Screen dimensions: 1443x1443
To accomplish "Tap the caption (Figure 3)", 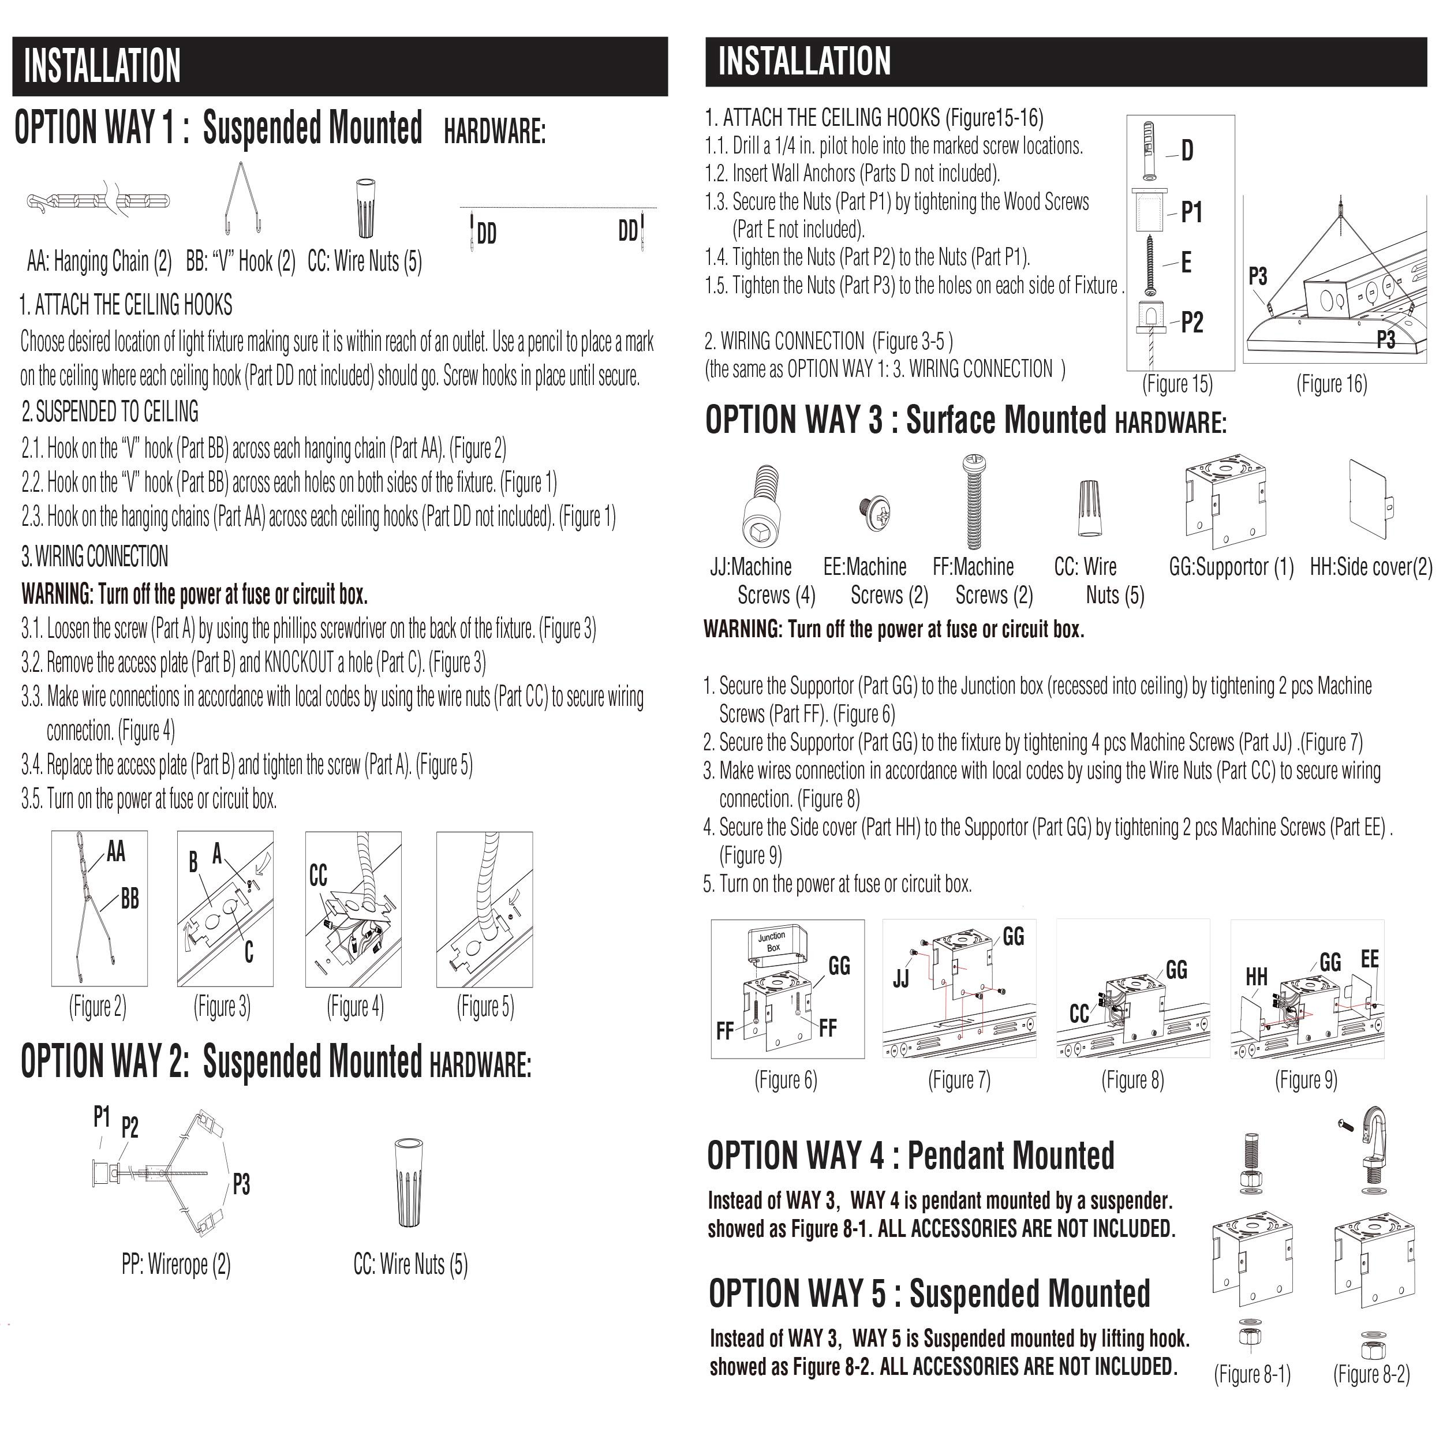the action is point(222,1007).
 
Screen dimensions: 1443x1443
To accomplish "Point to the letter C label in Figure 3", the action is point(249,952).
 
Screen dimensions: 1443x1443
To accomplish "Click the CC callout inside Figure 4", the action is point(318,876).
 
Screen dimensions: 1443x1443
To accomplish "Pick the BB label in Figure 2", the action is point(130,899).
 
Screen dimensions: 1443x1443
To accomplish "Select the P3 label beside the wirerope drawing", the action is point(241,1184).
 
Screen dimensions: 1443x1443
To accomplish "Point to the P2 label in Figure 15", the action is point(1192,323).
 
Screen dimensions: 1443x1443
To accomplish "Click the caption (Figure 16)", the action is point(1332,384).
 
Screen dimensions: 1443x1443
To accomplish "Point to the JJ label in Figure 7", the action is point(902,978).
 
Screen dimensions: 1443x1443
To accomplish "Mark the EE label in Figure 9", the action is point(1370,959).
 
